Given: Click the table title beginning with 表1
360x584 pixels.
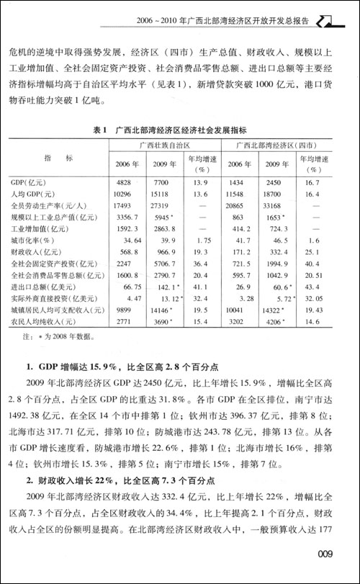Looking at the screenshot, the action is (x=179, y=130).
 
